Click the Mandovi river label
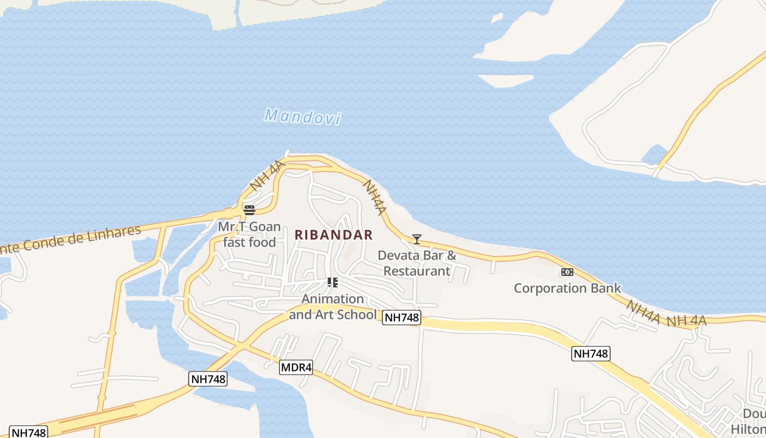[x=303, y=117]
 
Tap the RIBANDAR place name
[x=334, y=235]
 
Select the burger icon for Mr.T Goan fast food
[x=249, y=210]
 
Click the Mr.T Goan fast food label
[x=249, y=234]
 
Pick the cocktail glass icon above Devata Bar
[x=417, y=239]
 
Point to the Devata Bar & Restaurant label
[x=417, y=263]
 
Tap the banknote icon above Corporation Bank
[x=567, y=272]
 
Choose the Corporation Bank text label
[x=567, y=288]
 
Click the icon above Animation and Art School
[x=332, y=283]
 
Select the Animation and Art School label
[x=333, y=307]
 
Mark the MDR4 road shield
[x=295, y=367]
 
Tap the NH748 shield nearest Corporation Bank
[x=591, y=354]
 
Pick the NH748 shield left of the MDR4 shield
[x=208, y=379]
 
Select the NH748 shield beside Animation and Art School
[x=402, y=318]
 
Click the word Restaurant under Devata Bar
[x=417, y=271]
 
